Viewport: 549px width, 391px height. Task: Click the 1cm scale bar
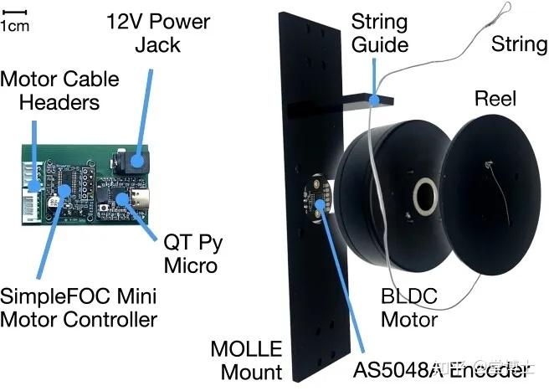pyautogui.click(x=16, y=12)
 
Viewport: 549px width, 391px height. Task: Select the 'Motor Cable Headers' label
pyautogui.click(x=59, y=91)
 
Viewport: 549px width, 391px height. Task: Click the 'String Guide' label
pyautogui.click(x=379, y=31)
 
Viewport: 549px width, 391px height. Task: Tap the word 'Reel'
pyautogui.click(x=496, y=99)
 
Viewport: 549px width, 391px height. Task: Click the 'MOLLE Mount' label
pyautogui.click(x=246, y=358)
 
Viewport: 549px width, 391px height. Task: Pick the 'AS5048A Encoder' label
pyautogui.click(x=443, y=369)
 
